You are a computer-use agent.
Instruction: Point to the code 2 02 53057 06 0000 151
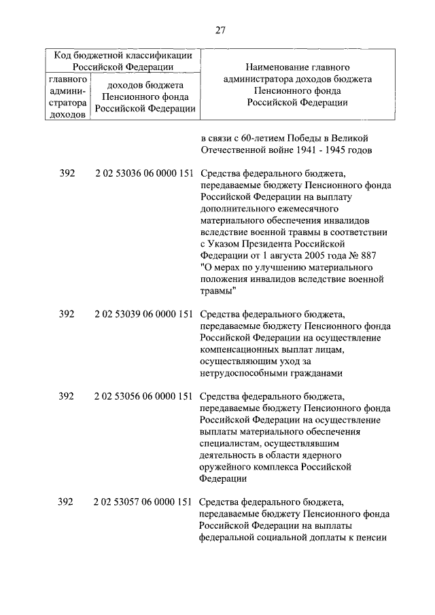click(x=144, y=502)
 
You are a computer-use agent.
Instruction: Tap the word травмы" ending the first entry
click(x=218, y=290)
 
